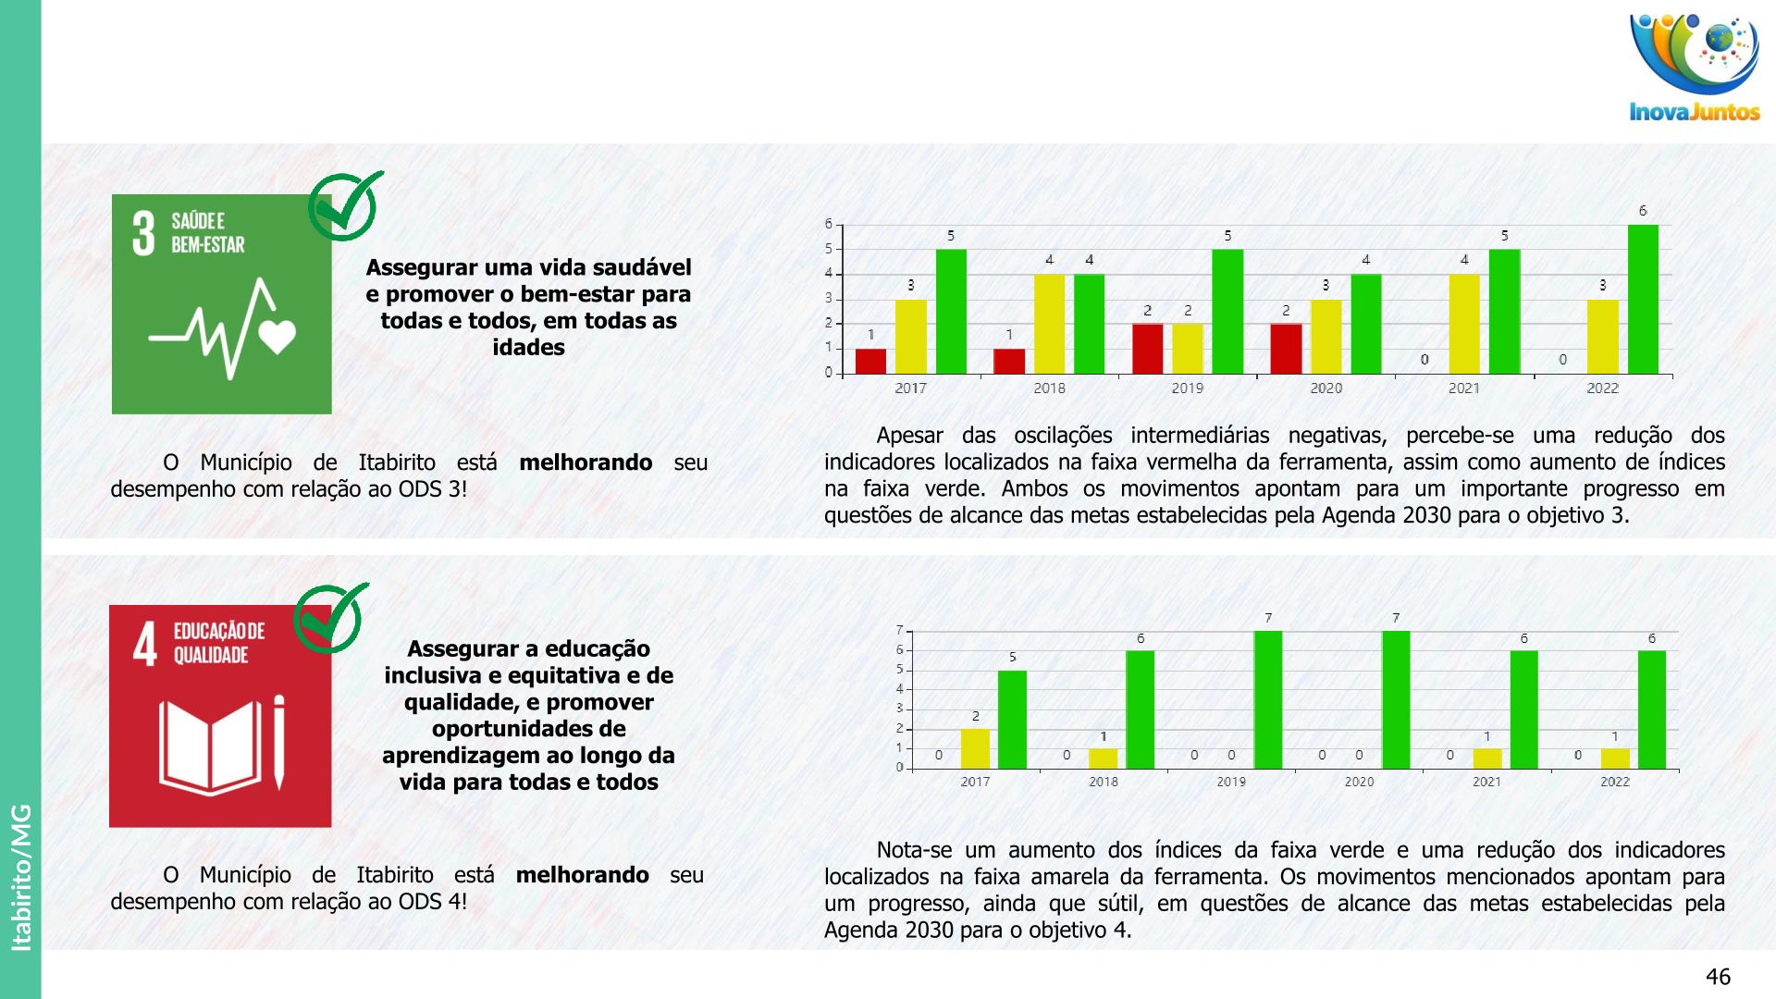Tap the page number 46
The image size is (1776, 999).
[x=1718, y=977]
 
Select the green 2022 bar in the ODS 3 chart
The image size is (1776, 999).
[x=1643, y=299]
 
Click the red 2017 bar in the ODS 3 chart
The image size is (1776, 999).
[x=870, y=361]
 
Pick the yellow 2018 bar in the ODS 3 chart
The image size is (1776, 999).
[x=1049, y=324]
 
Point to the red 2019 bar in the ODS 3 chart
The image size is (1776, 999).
[x=1147, y=349]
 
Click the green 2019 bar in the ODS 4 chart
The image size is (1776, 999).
[x=1267, y=699]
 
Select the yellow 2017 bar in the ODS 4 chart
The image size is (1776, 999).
[x=975, y=748]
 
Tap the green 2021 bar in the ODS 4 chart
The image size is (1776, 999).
[x=1523, y=709]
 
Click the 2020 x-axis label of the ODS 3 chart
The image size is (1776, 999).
[x=1326, y=388]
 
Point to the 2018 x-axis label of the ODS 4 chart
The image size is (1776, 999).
[x=1103, y=783]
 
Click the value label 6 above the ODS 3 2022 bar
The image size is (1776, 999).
[x=1643, y=211]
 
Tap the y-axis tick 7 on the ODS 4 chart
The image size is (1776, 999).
[x=899, y=631]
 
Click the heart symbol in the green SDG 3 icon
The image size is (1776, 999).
[x=277, y=336]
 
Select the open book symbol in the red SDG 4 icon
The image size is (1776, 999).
[x=211, y=747]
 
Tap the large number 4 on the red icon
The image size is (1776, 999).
[x=145, y=645]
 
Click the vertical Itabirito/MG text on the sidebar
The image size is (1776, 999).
[x=20, y=877]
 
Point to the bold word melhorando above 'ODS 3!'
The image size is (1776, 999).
[x=586, y=462]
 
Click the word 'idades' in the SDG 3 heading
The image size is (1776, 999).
[x=528, y=348]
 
